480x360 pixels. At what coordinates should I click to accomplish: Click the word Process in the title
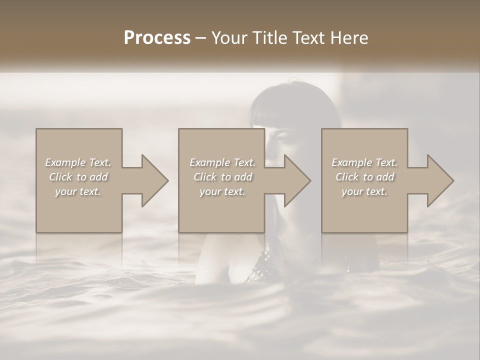point(157,38)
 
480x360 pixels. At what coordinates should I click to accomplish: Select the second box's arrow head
point(296,181)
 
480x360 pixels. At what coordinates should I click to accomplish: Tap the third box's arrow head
point(439,181)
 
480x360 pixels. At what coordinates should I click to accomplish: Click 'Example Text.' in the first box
point(78,162)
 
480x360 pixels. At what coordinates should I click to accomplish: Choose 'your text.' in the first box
point(78,191)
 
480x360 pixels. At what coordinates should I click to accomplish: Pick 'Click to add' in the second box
point(222,177)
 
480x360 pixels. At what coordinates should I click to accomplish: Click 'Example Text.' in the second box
point(222,162)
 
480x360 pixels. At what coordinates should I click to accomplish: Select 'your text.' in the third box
point(364,191)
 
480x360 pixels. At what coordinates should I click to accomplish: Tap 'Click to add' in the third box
point(364,177)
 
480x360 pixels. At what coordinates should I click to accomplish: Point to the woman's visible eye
point(281,137)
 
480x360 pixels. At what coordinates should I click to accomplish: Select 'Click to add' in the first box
point(78,177)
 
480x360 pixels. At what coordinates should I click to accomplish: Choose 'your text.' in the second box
point(222,191)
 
